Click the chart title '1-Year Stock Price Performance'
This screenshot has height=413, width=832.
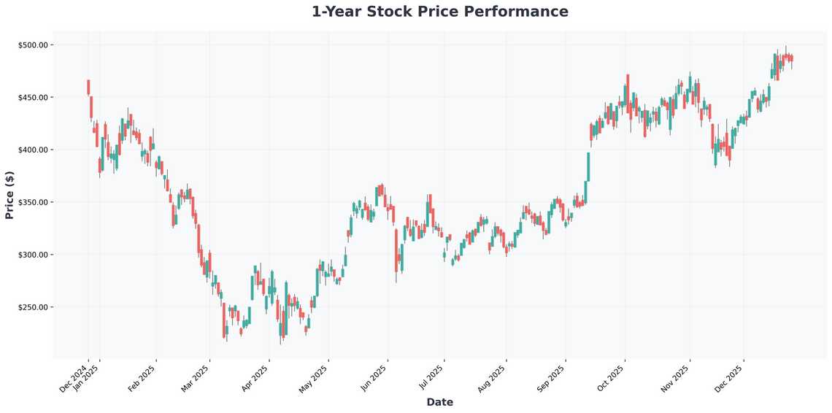439,12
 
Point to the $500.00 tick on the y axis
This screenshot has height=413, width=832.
33,45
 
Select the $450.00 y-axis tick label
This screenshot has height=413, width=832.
33,98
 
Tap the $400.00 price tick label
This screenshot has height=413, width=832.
33,150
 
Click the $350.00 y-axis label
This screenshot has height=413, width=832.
33,202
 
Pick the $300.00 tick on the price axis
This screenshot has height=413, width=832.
33,255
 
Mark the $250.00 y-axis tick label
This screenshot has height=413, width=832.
33,307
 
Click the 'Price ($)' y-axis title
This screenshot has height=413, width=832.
9,195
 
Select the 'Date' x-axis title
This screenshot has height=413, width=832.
439,402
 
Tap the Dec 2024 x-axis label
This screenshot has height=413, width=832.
74,379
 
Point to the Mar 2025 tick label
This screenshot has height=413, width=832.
195,379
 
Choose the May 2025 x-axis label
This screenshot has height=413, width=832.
314,379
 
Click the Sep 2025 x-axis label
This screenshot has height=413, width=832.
551,379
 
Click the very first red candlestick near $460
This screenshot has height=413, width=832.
88,87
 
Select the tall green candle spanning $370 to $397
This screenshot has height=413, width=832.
588,166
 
